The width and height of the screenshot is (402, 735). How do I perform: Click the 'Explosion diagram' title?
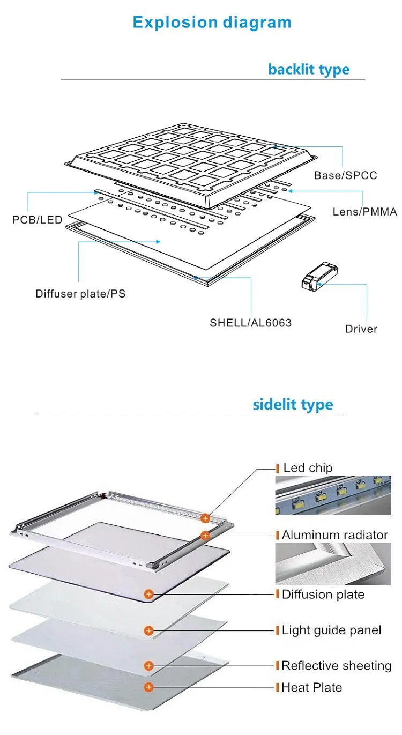click(212, 23)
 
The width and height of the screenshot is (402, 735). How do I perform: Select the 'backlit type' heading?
click(308, 69)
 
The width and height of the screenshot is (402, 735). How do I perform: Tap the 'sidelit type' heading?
click(293, 404)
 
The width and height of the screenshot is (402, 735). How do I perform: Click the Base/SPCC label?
click(345, 175)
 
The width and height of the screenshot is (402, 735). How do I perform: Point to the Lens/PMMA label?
click(364, 212)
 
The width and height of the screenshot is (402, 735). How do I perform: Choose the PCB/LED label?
click(37, 220)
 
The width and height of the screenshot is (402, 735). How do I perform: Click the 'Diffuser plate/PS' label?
click(80, 293)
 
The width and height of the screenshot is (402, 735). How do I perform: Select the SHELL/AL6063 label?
click(250, 323)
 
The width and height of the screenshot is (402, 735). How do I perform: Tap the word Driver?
click(361, 329)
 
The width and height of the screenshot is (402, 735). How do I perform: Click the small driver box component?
click(318, 278)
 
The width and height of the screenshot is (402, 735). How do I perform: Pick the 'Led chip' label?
click(308, 468)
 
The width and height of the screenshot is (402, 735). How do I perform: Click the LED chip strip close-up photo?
click(330, 495)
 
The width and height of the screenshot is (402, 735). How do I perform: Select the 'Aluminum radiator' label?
click(334, 534)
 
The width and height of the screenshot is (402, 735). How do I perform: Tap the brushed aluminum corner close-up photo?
click(330, 563)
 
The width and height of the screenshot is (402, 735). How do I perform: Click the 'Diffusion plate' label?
click(323, 594)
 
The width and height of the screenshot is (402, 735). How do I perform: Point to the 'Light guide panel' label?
click(331, 630)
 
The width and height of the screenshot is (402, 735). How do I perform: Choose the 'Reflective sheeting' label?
click(336, 665)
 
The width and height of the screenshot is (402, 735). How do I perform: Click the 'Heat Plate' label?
click(311, 687)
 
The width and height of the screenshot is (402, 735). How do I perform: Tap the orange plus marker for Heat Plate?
click(149, 687)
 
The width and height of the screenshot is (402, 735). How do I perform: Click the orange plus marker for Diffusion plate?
click(149, 594)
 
